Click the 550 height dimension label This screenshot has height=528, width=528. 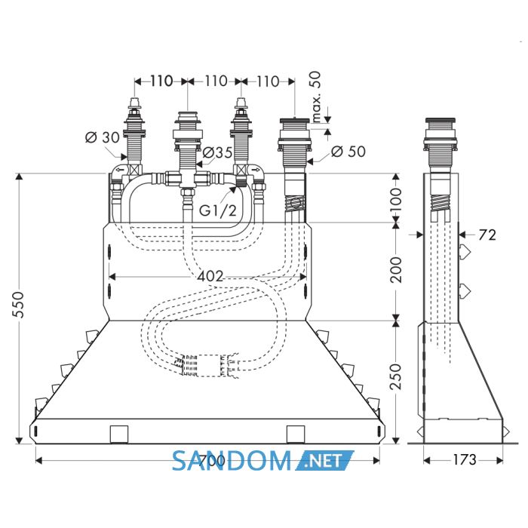(17, 305)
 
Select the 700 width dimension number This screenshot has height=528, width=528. (211, 461)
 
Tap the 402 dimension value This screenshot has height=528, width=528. (210, 277)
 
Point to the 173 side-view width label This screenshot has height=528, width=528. (464, 459)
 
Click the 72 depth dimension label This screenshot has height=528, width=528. (487, 235)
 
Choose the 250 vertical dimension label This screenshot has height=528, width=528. (396, 376)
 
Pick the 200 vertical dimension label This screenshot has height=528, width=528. (396, 270)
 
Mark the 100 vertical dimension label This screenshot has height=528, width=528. (396, 199)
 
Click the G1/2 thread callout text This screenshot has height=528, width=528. (217, 210)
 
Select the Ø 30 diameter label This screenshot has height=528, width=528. (103, 137)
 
